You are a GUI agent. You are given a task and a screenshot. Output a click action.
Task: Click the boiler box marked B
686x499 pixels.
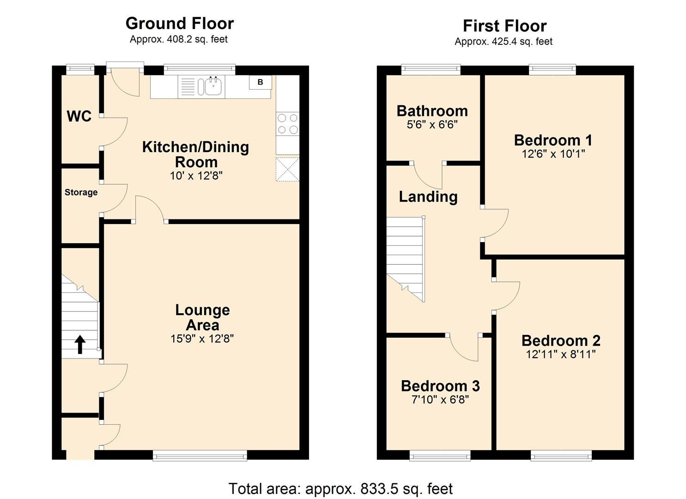(261, 82)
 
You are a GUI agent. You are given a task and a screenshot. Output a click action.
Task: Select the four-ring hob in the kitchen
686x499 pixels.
(287, 124)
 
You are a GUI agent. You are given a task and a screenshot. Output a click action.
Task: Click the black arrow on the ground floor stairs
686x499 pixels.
(80, 345)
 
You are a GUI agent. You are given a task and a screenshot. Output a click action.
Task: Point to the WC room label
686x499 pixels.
(79, 116)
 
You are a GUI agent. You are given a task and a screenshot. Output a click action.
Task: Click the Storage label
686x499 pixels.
(81, 192)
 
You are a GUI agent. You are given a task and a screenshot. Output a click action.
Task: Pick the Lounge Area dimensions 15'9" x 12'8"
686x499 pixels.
(202, 339)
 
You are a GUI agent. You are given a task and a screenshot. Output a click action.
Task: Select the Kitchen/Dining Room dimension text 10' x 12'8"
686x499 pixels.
(196, 176)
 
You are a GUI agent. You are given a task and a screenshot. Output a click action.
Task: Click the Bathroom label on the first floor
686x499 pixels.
(432, 111)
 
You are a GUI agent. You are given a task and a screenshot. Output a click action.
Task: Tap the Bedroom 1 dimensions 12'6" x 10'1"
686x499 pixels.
(553, 154)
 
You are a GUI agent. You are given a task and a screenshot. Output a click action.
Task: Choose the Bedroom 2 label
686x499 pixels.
(561, 341)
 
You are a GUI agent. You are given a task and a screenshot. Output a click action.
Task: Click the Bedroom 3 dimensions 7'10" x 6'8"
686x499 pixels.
(440, 400)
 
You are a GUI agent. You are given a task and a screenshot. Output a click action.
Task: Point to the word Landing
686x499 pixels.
(428, 196)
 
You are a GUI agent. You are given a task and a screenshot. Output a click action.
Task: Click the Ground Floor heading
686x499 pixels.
(180, 23)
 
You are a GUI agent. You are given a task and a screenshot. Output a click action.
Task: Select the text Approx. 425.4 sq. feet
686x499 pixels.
(504, 42)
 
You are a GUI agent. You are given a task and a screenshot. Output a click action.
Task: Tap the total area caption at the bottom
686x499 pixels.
(340, 488)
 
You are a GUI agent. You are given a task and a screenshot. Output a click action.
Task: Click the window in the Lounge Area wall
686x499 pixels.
(200, 456)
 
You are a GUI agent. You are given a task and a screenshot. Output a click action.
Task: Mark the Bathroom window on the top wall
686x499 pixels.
(431, 70)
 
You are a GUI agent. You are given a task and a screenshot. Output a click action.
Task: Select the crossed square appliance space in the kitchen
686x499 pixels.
(287, 169)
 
